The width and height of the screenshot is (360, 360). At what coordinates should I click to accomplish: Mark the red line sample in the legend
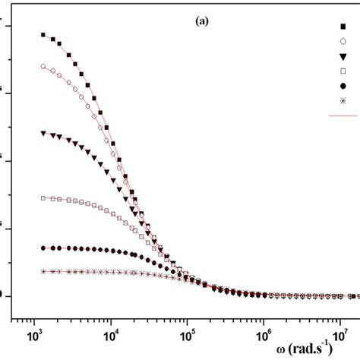pyautogui.click(x=343, y=115)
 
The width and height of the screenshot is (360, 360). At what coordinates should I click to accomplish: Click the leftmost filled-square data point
pyautogui.click(x=43, y=35)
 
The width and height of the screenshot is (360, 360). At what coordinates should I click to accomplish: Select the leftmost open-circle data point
pyautogui.click(x=43, y=66)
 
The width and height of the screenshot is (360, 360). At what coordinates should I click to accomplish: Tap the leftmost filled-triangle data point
pyautogui.click(x=43, y=133)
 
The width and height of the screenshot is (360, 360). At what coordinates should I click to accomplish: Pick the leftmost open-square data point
pyautogui.click(x=43, y=198)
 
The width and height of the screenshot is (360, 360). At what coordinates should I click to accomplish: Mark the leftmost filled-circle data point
pyautogui.click(x=43, y=248)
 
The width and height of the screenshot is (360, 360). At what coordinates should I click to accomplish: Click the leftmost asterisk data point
pyautogui.click(x=43, y=271)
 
